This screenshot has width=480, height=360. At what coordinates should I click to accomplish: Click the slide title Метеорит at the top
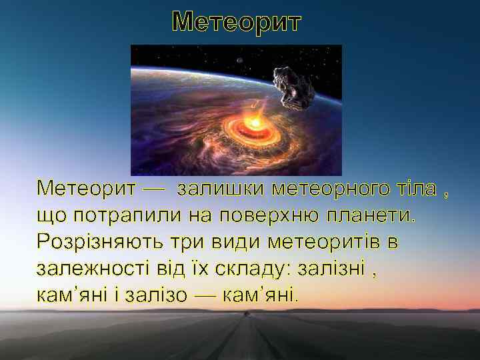237,21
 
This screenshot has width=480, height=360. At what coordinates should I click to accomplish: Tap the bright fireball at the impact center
255,123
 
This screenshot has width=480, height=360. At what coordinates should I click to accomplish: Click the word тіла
417,189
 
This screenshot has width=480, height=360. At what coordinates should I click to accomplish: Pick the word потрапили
115,215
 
